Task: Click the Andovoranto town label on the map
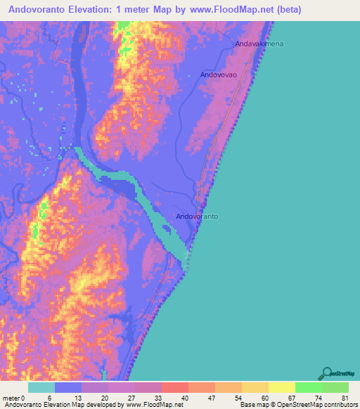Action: coord(197,216)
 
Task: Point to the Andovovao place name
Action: coord(219,74)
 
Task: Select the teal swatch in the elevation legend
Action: coord(41,387)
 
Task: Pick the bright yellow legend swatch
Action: coord(282,387)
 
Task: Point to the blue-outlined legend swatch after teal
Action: coord(68,387)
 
